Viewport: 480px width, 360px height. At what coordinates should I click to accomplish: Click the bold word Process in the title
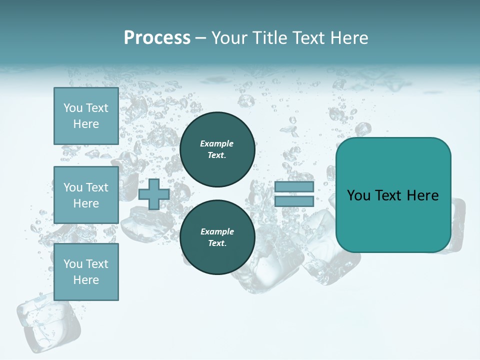[x=157, y=38]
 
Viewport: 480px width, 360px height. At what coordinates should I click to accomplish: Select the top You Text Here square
[x=86, y=116]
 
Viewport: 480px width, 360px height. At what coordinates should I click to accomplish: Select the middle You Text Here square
[x=86, y=195]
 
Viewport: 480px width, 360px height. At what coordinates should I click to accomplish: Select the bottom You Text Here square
[x=86, y=272]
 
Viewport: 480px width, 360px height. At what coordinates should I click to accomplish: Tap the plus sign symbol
[x=154, y=194]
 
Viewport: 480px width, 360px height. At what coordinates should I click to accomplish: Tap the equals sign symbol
[x=294, y=194]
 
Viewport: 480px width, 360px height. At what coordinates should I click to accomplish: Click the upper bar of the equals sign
[x=294, y=187]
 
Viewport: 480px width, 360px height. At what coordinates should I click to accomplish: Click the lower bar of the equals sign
[x=294, y=201]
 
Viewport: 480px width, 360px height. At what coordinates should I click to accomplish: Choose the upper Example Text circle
[x=217, y=149]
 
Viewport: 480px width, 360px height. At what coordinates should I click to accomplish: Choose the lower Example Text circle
[x=217, y=237]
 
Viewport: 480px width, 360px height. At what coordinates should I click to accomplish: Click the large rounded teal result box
[x=393, y=195]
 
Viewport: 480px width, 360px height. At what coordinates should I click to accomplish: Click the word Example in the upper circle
[x=216, y=143]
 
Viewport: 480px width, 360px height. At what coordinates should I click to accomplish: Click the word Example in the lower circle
[x=217, y=231]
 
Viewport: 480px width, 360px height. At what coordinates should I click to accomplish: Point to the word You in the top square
[x=73, y=108]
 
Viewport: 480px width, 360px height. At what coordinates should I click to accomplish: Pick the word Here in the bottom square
[x=86, y=280]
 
